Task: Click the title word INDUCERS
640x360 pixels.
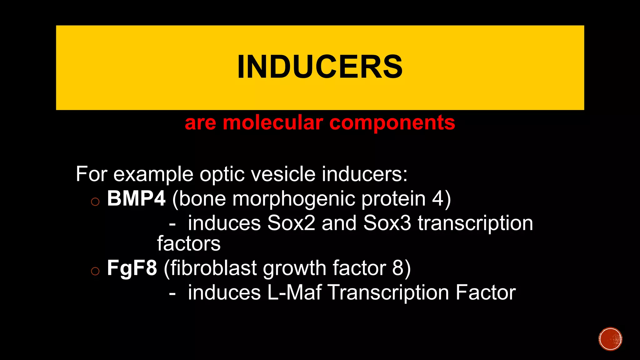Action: tap(320, 67)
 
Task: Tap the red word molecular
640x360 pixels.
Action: tap(272, 122)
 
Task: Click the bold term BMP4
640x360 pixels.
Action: tap(136, 198)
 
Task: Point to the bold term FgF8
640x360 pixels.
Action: tap(132, 268)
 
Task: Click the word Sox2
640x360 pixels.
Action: tap(291, 223)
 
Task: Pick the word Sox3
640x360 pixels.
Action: tap(387, 223)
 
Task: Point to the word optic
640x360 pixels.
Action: tap(222, 175)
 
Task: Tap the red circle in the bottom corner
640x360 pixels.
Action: tap(610, 339)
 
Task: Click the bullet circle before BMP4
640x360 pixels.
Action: tap(95, 202)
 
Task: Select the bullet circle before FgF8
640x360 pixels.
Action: tap(95, 271)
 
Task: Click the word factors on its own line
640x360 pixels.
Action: tap(189, 244)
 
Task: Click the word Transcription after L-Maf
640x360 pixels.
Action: tap(388, 293)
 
